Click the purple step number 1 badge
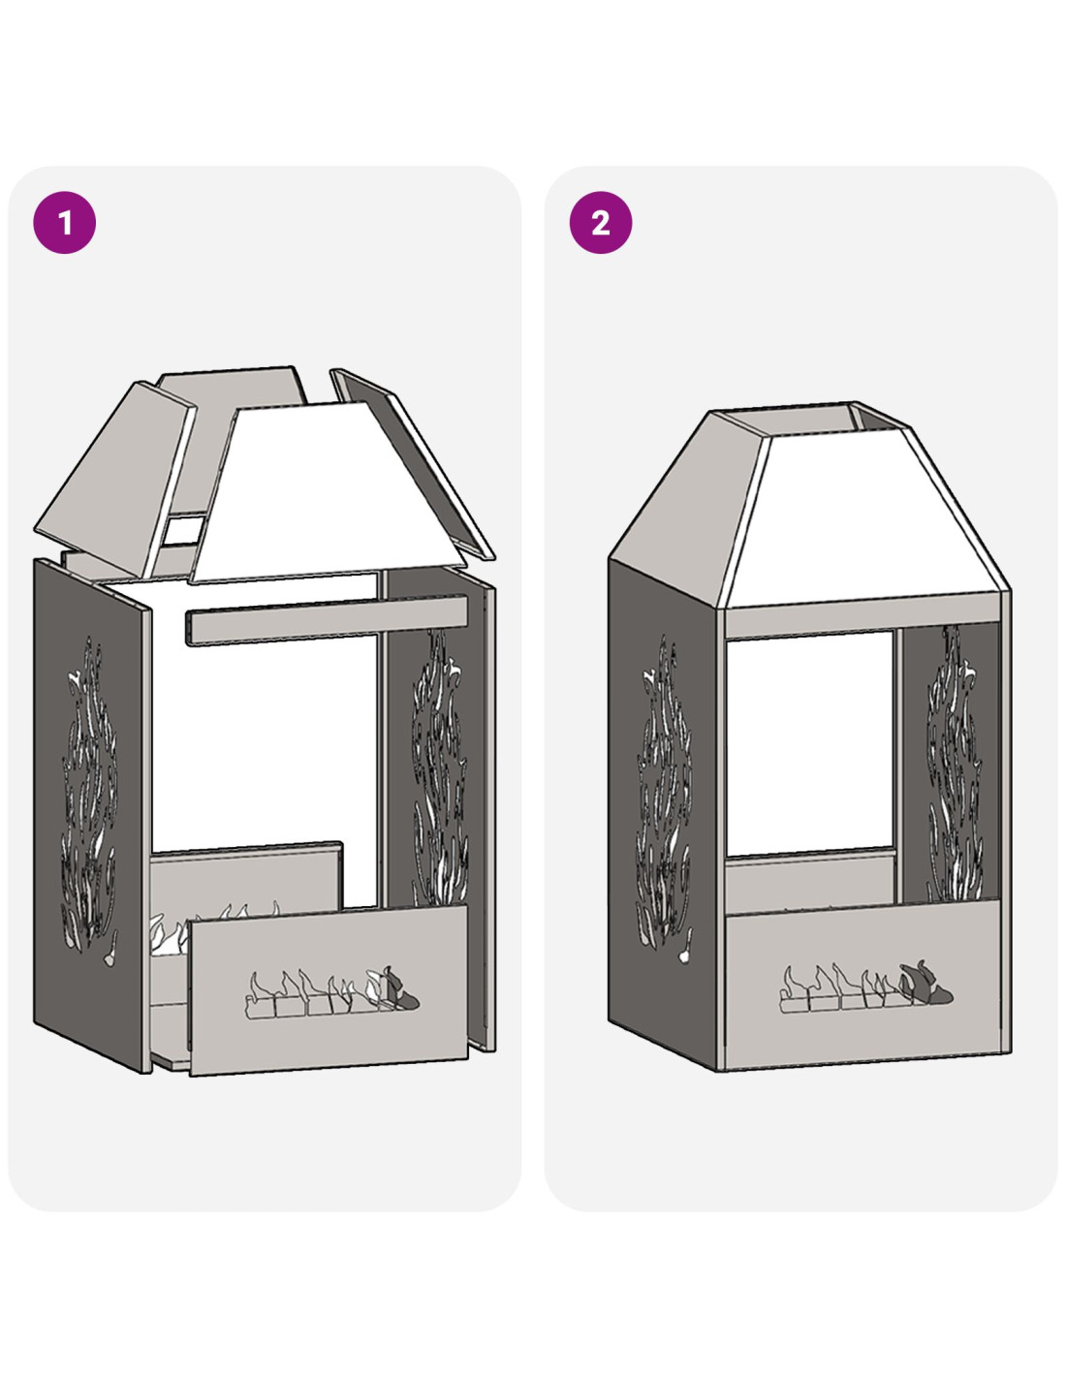pyautogui.click(x=65, y=223)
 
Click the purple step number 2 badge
pyautogui.click(x=601, y=223)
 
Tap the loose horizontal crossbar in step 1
pyautogui.click(x=326, y=619)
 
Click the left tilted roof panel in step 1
pyautogui.click(x=115, y=479)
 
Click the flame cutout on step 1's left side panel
pyautogui.click(x=90, y=796)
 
